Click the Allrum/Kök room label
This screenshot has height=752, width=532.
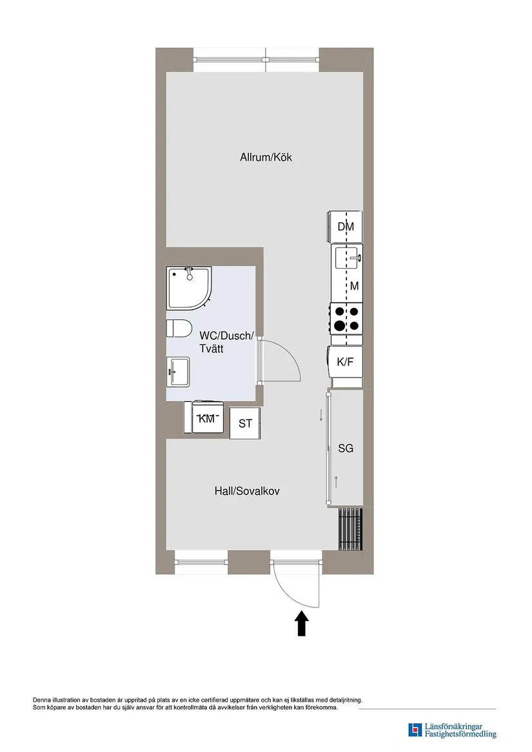[266, 157]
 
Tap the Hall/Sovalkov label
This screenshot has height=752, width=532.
[247, 491]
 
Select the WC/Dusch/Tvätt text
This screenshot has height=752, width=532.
[226, 341]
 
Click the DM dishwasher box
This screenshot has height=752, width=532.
[346, 226]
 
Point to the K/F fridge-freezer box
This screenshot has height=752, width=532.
[346, 362]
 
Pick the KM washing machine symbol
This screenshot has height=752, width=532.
[207, 419]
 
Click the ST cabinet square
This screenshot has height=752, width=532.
[245, 424]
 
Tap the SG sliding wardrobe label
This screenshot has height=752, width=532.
[346, 448]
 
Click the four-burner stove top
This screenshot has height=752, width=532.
[346, 319]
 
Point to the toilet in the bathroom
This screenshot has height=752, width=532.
[179, 328]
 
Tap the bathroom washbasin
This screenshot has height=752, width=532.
[178, 373]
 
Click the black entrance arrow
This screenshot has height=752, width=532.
[302, 624]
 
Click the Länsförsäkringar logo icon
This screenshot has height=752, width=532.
[415, 730]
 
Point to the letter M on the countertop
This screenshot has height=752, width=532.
[354, 286]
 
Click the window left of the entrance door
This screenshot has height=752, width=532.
[201, 562]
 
